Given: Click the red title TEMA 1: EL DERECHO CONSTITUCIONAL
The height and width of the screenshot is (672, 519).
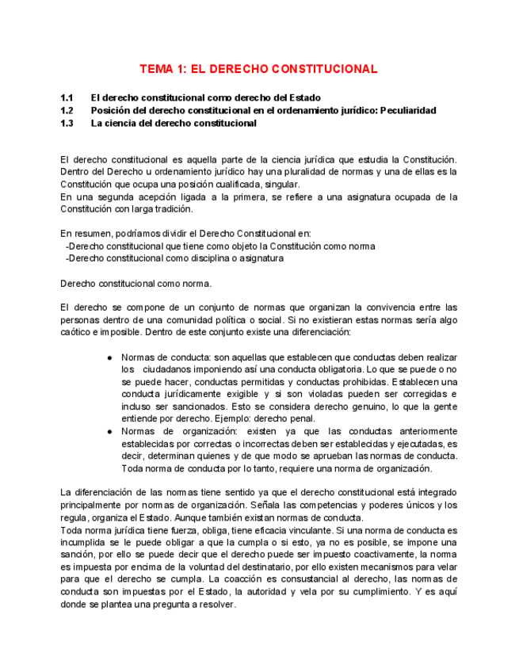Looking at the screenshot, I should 258,70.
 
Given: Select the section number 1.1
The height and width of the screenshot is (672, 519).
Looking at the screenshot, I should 67,97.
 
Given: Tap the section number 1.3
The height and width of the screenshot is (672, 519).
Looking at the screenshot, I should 67,124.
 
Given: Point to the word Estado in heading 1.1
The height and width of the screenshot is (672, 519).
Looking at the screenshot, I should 304,97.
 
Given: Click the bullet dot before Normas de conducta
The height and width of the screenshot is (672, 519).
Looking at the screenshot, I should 109,357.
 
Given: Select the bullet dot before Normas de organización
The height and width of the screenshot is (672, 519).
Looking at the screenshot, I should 109,431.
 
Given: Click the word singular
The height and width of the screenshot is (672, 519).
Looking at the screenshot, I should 280,185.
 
